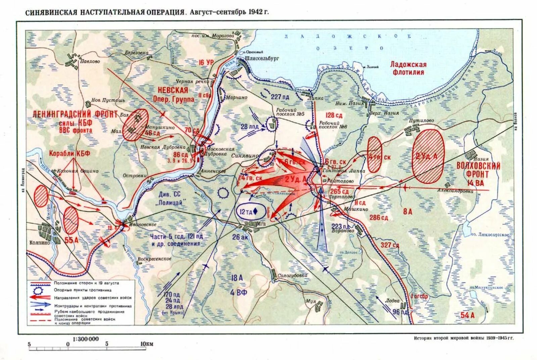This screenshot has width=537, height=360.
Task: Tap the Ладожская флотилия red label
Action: coord(408,68)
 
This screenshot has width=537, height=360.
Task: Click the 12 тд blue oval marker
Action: coord(248,211)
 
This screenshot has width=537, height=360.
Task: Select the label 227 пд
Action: coord(280,97)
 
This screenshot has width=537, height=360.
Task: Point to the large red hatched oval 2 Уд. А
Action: coord(428,156)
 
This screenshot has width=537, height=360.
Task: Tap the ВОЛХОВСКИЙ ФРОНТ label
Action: coord(478,170)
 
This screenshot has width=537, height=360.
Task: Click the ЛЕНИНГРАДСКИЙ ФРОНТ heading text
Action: coord(75,114)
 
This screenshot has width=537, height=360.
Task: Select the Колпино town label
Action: coord(40,243)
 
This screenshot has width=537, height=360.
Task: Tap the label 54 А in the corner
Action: coord(468,315)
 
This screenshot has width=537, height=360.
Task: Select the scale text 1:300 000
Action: coord(86,339)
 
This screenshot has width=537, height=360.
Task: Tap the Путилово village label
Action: coord(421,120)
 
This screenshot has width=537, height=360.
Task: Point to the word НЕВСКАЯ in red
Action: coord(173,90)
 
